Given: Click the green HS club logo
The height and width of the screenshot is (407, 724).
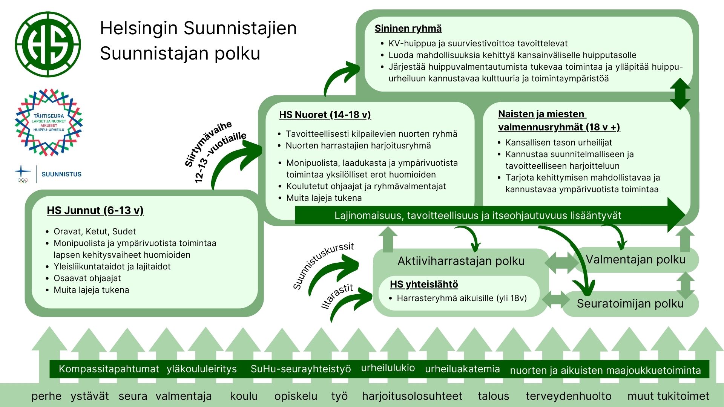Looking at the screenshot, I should click(x=48, y=44).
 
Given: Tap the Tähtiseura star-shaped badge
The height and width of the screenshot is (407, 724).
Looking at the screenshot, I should click(x=49, y=122).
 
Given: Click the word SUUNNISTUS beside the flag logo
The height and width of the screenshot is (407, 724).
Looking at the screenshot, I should click(x=61, y=174).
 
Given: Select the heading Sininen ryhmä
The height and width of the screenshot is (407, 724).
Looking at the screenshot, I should click(x=408, y=29).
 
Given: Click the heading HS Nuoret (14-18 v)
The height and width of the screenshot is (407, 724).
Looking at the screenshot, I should click(x=325, y=115).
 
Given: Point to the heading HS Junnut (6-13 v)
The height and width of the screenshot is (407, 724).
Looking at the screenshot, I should click(x=95, y=210).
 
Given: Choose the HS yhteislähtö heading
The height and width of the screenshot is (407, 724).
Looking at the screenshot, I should click(x=424, y=284).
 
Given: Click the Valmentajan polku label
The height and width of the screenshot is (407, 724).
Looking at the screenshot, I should click(x=635, y=260).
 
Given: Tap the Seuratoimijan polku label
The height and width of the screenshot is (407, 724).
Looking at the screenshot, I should click(x=630, y=303).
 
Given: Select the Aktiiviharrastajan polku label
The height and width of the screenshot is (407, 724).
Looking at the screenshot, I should click(x=461, y=261).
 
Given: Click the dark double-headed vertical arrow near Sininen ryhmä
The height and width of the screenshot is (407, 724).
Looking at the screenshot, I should click(x=680, y=94).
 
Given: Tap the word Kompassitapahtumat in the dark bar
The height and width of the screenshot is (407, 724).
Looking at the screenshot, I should click(x=109, y=369).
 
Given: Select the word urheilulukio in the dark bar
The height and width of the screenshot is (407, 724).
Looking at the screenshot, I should click(x=388, y=368).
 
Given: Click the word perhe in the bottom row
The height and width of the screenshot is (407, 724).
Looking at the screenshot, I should click(x=46, y=396).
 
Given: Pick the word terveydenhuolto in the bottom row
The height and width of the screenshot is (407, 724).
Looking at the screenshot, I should click(x=568, y=396).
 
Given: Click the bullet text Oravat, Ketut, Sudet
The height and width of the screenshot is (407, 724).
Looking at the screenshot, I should click(x=95, y=231).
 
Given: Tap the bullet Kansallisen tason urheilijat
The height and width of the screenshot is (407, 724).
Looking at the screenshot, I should click(x=558, y=142).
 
